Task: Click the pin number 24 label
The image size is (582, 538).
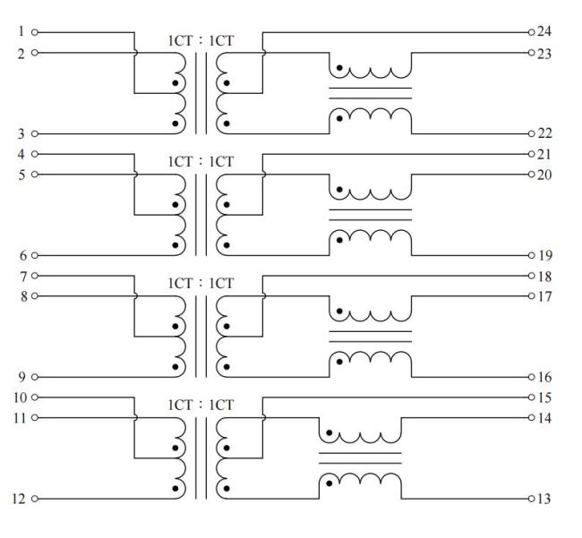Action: coord(544,31)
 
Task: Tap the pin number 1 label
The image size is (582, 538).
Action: coord(21,31)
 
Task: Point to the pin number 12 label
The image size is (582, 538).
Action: coord(18,500)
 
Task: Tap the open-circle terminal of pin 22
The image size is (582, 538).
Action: coord(531,133)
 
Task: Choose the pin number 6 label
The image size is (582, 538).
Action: coord(21,255)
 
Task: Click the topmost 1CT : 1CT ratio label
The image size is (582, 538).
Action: coord(200,40)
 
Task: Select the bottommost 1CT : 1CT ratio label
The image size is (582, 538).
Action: coord(200,405)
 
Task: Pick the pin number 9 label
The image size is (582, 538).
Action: coord(21,377)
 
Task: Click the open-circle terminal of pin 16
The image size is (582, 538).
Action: coord(531,377)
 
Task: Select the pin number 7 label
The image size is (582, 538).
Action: coord(21,275)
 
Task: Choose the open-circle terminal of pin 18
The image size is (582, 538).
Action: coord(531,275)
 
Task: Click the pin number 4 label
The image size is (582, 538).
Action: coord(21,154)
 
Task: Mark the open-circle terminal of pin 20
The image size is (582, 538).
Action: coord(531,174)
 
